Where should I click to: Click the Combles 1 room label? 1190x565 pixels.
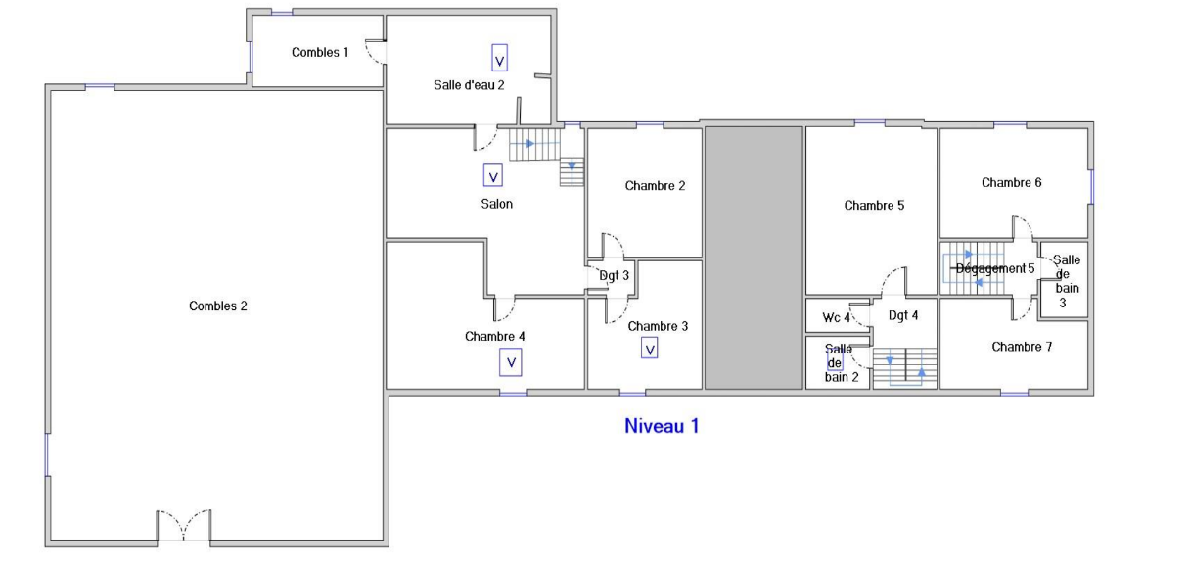click(x=320, y=52)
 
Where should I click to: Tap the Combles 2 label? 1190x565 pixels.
click(x=217, y=306)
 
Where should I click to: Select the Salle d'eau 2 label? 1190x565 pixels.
click(x=469, y=85)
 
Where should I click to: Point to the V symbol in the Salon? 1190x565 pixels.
click(x=493, y=176)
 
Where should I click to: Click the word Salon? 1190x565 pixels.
click(x=496, y=204)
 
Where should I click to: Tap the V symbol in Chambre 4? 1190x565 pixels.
click(x=510, y=362)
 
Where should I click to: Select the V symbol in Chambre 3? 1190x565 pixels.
click(x=650, y=348)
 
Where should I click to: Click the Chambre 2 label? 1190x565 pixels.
click(x=655, y=186)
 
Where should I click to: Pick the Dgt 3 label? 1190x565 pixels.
click(x=614, y=276)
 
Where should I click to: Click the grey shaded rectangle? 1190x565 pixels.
click(x=754, y=258)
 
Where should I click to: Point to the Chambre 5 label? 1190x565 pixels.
click(x=874, y=206)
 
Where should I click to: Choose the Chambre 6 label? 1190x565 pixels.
click(x=1011, y=182)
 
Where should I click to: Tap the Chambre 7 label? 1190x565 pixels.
click(x=1022, y=347)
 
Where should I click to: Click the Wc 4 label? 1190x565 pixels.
click(x=836, y=317)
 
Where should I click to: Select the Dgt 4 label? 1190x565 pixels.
click(x=902, y=315)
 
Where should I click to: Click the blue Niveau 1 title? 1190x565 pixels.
click(x=662, y=426)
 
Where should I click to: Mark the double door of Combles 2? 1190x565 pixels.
click(x=184, y=526)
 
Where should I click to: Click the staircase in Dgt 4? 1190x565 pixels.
click(x=905, y=368)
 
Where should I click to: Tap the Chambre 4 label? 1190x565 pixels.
click(x=494, y=336)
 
